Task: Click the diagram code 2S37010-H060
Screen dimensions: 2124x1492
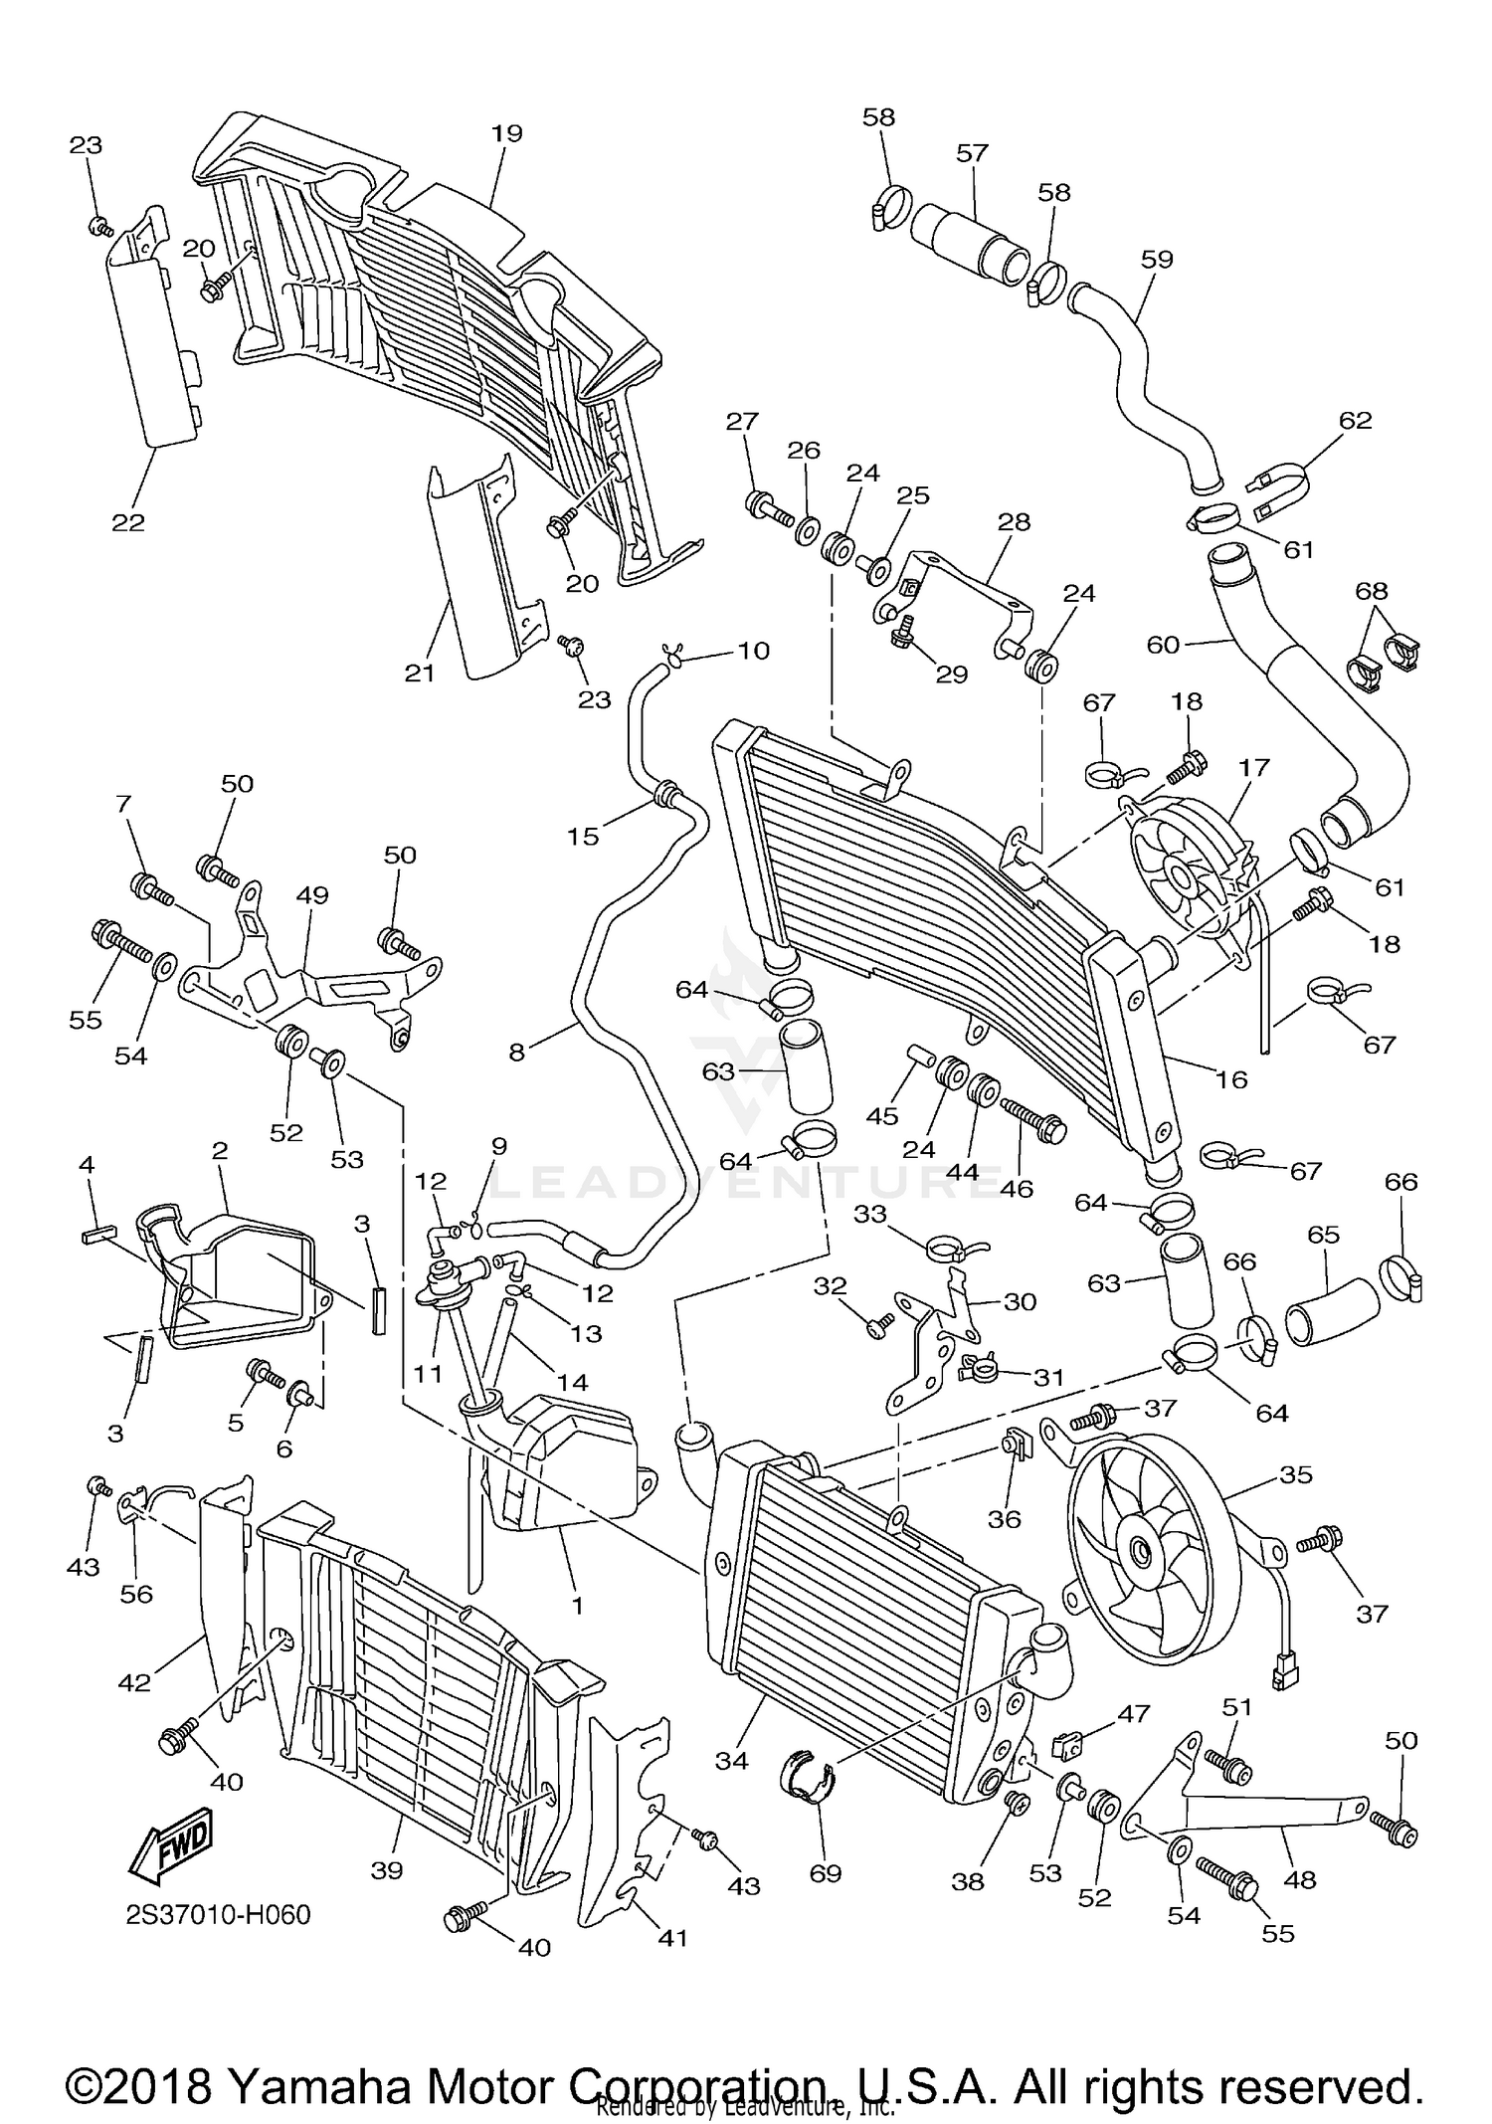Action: pyautogui.click(x=219, y=1915)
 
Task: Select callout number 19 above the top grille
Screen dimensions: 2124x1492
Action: pyautogui.click(x=507, y=133)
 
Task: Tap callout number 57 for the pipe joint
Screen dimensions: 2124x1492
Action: pyautogui.click(x=972, y=153)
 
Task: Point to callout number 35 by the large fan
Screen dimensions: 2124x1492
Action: pyautogui.click(x=1296, y=1474)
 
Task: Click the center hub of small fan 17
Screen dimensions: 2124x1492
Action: pyautogui.click(x=1181, y=875)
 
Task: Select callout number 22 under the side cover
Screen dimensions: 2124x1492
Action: pyautogui.click(x=128, y=522)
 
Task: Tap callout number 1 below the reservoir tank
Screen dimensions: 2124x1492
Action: pyautogui.click(x=577, y=1605)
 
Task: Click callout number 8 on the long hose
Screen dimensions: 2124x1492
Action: pyautogui.click(x=516, y=1052)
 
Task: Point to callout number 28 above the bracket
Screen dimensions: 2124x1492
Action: pyautogui.click(x=1014, y=521)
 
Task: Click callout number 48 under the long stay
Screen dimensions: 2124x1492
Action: pyautogui.click(x=1300, y=1879)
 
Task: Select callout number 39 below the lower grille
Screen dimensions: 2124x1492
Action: pyautogui.click(x=387, y=1870)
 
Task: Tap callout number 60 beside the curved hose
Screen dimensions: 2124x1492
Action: pyautogui.click(x=1163, y=645)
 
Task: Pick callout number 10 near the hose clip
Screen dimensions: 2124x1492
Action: pyautogui.click(x=753, y=651)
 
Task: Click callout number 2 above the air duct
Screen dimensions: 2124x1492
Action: pyautogui.click(x=220, y=1150)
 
